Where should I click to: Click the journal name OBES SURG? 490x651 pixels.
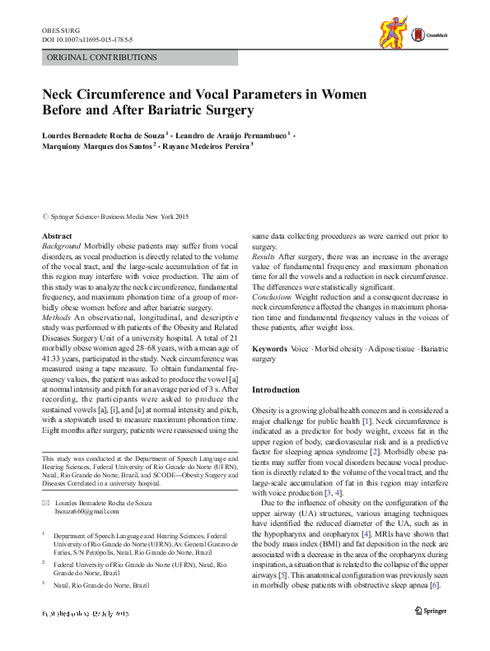point(59,30)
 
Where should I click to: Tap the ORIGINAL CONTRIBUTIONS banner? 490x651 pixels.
point(102,58)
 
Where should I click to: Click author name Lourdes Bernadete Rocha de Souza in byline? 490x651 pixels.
point(103,133)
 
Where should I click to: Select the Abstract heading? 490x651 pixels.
point(56,236)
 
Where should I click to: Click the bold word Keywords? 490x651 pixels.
point(269,350)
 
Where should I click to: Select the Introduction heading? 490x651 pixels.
point(276,389)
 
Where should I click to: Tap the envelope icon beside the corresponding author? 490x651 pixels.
point(46,502)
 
